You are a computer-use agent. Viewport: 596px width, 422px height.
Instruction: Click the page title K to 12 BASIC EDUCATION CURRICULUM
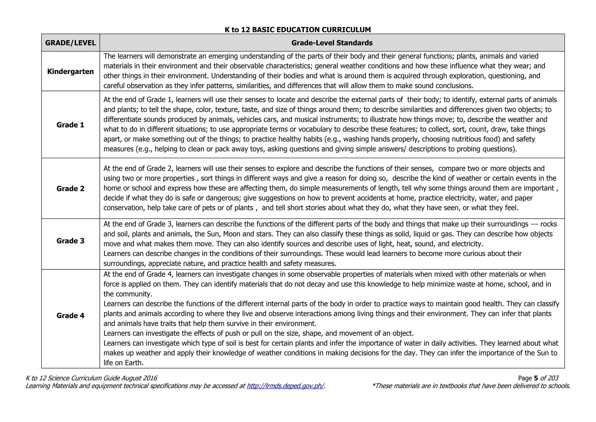298,30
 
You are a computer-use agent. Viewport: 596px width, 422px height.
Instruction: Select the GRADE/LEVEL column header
70,43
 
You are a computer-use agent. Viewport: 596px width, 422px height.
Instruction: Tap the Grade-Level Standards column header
332,43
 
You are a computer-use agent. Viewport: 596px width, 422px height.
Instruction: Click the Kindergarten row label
70,71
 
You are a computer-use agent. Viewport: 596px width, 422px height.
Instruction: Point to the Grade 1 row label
70,125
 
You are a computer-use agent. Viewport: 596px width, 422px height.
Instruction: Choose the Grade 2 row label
70,188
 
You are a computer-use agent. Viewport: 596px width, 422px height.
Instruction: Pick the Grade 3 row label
70,241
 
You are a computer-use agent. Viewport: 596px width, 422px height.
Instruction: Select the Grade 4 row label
70,315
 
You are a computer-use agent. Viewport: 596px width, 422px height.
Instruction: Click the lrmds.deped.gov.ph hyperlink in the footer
285,386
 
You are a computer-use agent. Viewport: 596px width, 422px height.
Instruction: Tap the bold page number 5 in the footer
536,378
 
